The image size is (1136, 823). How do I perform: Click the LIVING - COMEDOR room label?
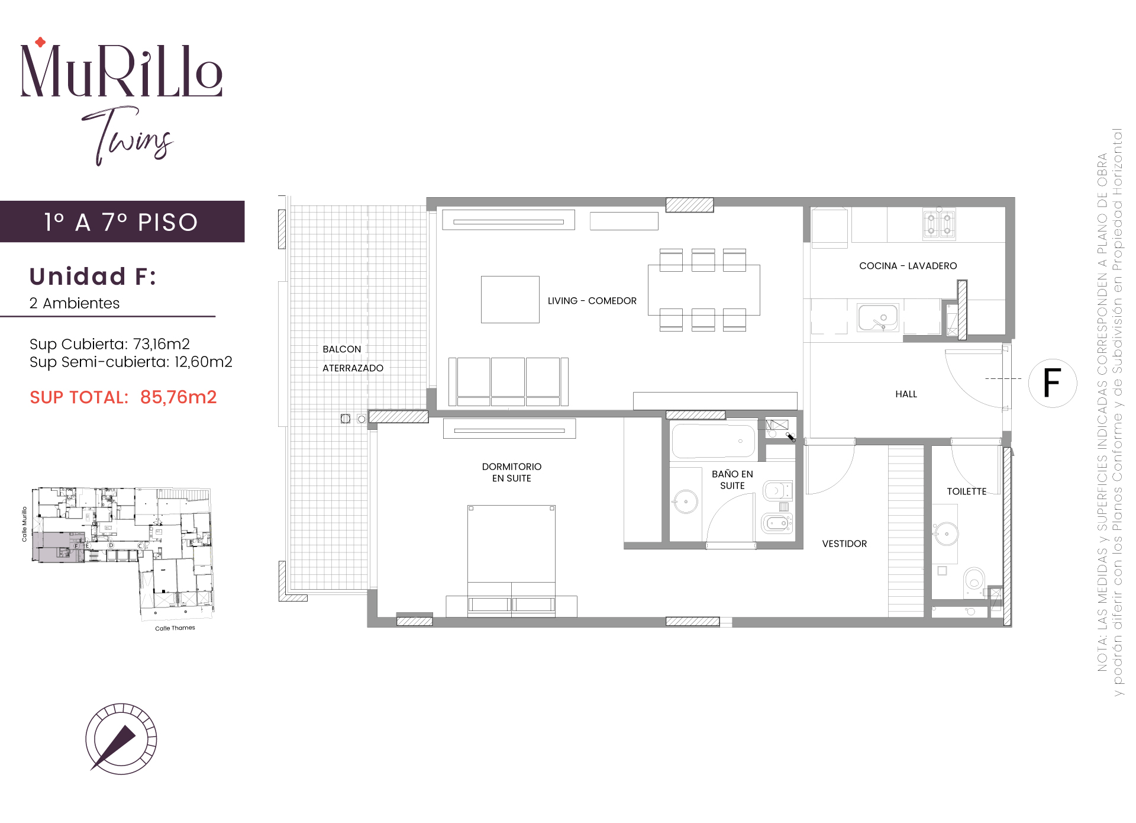(592, 301)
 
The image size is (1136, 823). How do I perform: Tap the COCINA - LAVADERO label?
(908, 266)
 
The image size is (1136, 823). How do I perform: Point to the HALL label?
(906, 394)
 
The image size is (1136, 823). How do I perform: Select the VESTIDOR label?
(844, 544)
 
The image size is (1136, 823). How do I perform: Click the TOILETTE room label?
(966, 491)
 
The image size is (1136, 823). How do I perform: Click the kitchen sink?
(878, 317)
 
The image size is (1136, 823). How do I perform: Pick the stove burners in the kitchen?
(939, 225)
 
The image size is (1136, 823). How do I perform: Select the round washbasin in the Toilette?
(946, 534)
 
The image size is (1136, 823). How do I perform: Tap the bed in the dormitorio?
(511, 560)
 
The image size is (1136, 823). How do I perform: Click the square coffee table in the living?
(510, 300)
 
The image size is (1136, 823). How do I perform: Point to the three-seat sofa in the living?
(508, 381)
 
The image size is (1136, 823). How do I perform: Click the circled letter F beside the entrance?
(1052, 382)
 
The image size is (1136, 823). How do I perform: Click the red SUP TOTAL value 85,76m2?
(178, 397)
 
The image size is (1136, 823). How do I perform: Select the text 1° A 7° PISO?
(121, 223)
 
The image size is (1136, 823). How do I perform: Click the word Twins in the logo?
(127, 136)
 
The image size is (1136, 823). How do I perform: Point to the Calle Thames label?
(175, 628)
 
